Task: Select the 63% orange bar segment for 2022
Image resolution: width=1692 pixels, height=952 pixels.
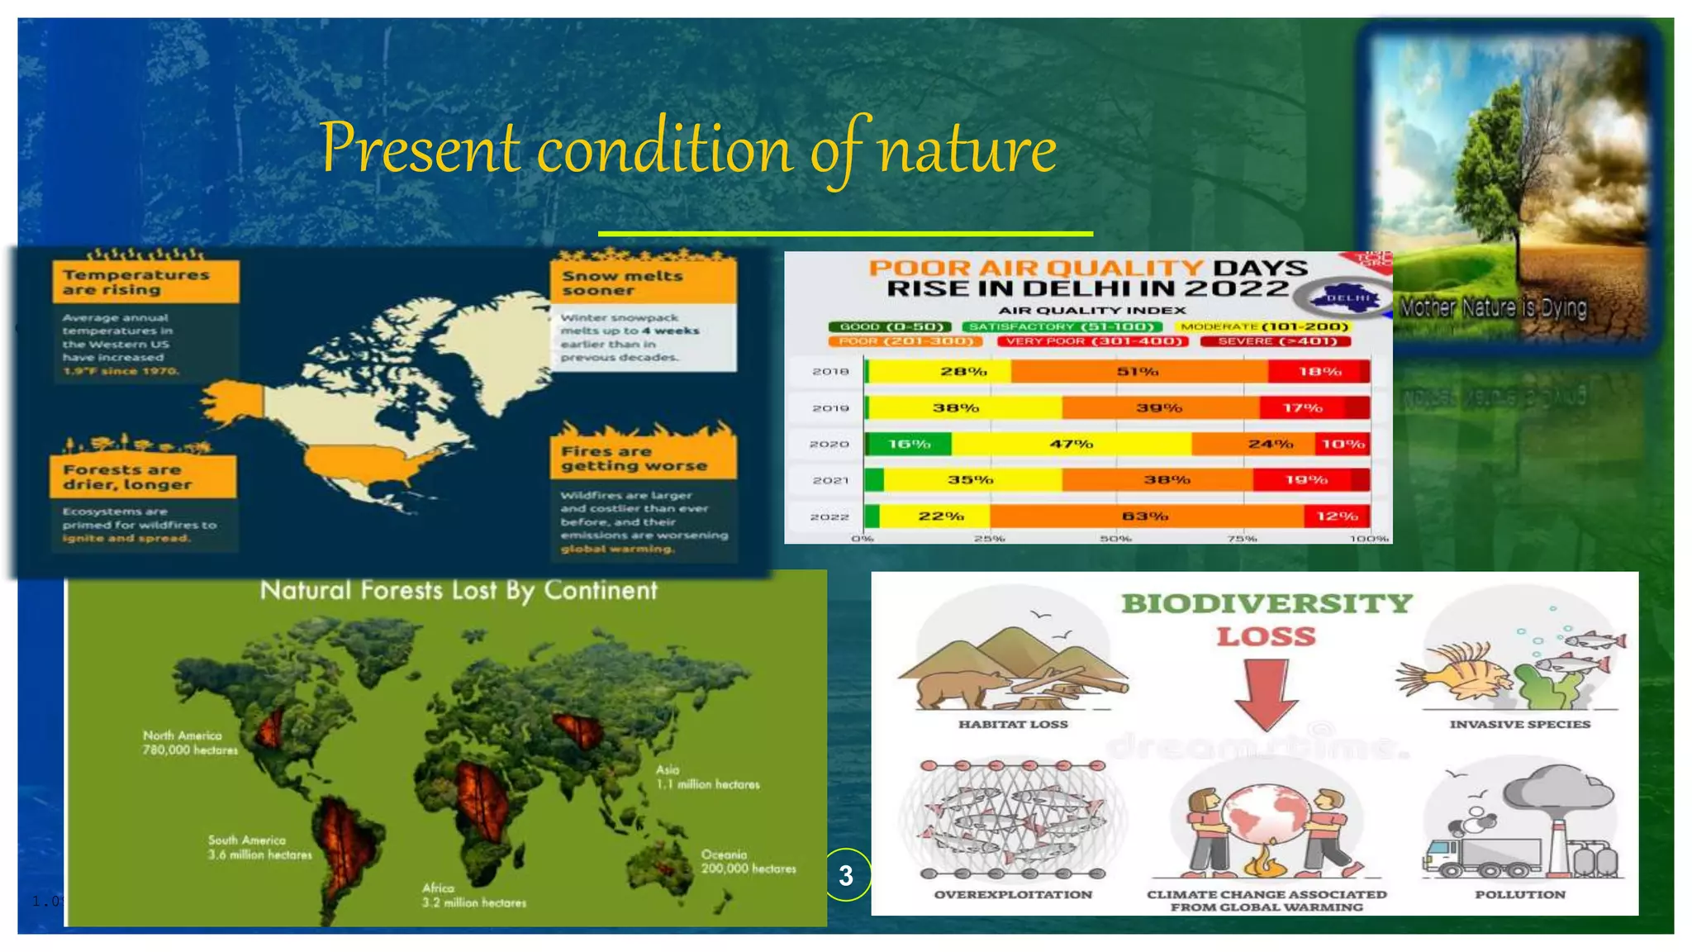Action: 1145,516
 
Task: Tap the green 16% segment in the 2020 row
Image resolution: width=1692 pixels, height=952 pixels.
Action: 909,445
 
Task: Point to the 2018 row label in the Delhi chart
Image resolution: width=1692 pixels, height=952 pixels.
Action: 830,372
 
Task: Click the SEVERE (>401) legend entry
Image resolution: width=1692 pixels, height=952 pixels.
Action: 1276,341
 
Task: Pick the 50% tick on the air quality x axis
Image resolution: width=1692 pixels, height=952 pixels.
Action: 1115,539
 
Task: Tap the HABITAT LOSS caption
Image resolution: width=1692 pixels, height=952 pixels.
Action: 1013,725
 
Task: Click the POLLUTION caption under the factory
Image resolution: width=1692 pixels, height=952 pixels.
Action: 1520,895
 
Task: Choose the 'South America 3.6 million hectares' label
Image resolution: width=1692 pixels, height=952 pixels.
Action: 259,848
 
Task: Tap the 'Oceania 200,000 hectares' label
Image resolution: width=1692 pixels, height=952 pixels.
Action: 748,862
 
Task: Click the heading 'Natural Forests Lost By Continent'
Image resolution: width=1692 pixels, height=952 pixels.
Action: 459,591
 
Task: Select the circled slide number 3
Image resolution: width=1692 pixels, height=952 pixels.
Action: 846,875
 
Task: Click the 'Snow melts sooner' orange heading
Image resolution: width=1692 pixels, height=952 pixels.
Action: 642,283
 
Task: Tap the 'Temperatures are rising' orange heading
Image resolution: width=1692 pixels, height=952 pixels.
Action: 145,282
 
